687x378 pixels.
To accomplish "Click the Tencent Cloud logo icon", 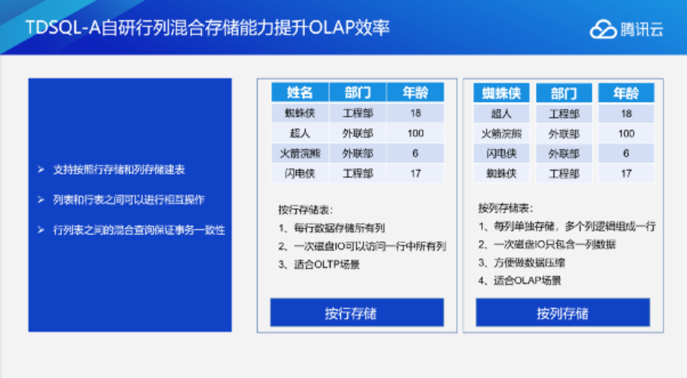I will coord(603,29).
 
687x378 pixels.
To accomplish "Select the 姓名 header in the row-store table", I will coord(300,92).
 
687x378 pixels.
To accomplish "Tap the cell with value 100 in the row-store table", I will coord(415,133).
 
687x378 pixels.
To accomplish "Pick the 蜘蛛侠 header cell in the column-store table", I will coord(501,93).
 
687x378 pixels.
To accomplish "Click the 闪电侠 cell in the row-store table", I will coord(300,173).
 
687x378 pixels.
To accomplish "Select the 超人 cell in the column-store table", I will coord(501,114).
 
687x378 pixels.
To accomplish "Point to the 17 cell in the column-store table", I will coord(626,173).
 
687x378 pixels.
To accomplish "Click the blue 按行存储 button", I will coord(357,313).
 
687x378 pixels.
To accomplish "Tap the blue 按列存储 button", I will coord(562,313).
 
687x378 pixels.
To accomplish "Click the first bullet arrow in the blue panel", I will coord(41,170).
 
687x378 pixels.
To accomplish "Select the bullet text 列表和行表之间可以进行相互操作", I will coord(129,200).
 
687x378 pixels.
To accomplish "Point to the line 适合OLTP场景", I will coord(326,264).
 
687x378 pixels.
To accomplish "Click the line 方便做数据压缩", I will coord(529,262).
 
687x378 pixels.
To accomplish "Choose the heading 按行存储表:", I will coord(305,210).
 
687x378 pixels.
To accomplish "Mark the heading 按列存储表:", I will coord(505,208).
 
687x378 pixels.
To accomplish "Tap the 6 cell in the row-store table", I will coord(415,153).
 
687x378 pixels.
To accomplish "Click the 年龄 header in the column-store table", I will coord(626,93).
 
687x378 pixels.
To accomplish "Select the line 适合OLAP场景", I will coord(527,280).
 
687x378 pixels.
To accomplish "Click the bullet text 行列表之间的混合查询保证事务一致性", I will coord(139,230).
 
